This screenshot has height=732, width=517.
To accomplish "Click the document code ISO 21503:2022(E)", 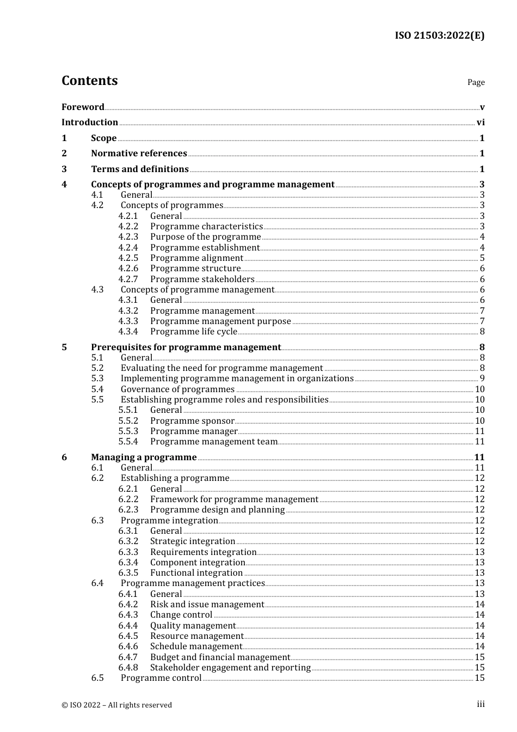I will (439, 35).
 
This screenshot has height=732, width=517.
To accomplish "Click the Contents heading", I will (89, 81).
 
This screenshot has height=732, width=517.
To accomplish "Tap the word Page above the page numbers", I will (476, 82).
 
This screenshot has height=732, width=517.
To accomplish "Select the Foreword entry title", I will (83, 107).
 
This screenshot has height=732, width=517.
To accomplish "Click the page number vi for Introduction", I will (481, 123).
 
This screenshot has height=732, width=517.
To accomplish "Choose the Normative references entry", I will (139, 154).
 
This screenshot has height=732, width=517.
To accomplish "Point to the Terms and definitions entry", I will (140, 169).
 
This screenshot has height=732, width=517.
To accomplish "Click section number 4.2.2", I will (128, 227).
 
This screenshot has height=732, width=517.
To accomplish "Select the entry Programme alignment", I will (196, 258).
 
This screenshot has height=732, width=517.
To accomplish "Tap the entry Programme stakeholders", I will (202, 279).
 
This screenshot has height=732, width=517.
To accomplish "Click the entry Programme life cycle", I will (194, 332).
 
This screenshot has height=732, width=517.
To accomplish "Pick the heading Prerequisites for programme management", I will (186, 347).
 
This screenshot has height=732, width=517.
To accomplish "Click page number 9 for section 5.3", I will (482, 379).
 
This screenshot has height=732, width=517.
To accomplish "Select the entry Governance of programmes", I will (177, 389).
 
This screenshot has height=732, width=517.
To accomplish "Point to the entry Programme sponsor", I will (192, 421).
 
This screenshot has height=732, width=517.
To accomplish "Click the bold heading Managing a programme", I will (144, 457).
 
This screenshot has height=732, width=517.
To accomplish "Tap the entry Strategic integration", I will (193, 541).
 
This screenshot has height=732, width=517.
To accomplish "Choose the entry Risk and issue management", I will (207, 605).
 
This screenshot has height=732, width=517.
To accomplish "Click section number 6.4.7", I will (128, 657).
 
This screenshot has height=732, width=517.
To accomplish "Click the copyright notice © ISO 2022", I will (116, 705).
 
